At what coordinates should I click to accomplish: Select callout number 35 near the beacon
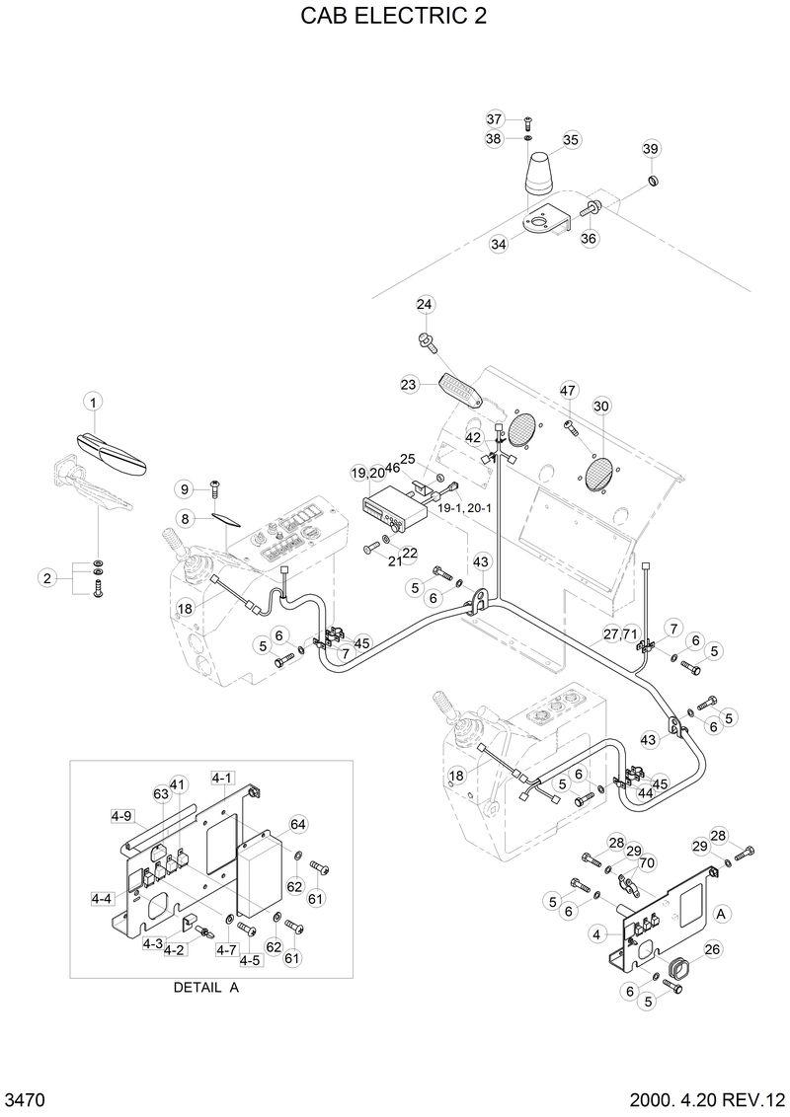[572, 140]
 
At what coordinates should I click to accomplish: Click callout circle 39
[650, 149]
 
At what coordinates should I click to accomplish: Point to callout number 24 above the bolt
[425, 304]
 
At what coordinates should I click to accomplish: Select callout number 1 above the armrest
[94, 401]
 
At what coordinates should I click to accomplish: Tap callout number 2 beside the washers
[45, 578]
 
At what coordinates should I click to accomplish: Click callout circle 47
[567, 391]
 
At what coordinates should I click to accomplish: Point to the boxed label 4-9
[121, 816]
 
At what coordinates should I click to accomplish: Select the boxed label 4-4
[102, 899]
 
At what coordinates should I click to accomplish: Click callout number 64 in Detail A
[298, 824]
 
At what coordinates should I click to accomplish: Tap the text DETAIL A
[206, 987]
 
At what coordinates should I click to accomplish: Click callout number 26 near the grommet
[713, 949]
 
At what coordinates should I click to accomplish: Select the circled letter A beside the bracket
[721, 914]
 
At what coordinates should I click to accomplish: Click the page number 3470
[24, 1099]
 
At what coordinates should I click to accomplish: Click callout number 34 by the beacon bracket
[498, 244]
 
